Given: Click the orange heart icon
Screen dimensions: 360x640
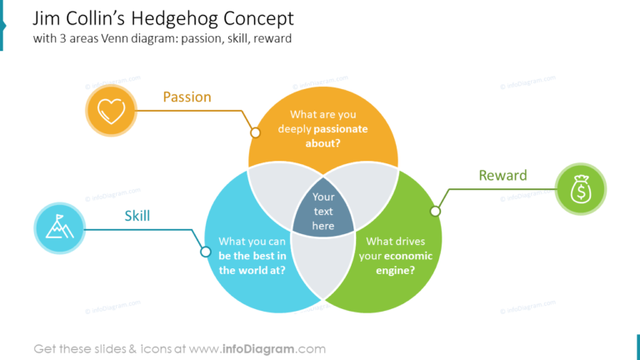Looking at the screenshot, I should click(x=111, y=110).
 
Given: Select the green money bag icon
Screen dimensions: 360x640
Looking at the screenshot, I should click(x=580, y=188).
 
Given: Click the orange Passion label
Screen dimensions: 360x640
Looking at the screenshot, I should click(x=187, y=97).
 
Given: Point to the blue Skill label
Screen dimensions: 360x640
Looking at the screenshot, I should click(x=137, y=217).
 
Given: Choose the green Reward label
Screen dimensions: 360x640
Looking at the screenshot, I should click(x=502, y=175).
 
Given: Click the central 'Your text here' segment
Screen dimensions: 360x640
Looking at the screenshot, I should click(x=323, y=211).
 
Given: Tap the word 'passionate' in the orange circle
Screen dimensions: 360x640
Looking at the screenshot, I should click(x=340, y=129).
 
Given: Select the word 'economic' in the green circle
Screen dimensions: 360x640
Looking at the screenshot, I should click(x=408, y=256).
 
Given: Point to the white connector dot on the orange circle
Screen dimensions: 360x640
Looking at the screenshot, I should click(x=255, y=132).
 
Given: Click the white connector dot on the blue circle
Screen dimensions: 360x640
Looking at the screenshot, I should click(x=205, y=252).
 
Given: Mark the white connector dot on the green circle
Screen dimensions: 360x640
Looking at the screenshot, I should click(x=435, y=212).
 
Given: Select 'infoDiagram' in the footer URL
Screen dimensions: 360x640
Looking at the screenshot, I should click(x=258, y=348).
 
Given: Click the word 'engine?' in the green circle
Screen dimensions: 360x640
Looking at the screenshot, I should click(x=395, y=270).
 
